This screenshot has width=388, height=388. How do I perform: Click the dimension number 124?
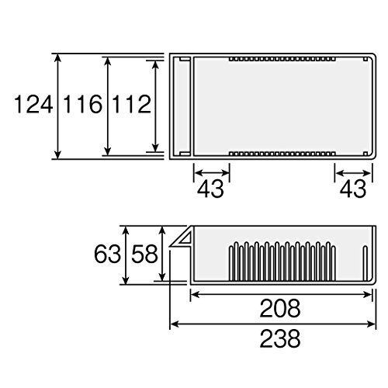[33, 104]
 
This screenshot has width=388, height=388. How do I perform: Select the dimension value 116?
[83, 104]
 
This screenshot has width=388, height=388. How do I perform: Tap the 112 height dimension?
[132, 104]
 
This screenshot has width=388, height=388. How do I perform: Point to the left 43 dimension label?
[210, 189]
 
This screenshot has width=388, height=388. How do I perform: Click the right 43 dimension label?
[353, 189]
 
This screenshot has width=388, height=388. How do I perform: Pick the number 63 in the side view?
[107, 255]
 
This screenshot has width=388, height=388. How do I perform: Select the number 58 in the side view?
[144, 255]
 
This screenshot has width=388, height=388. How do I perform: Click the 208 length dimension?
[280, 308]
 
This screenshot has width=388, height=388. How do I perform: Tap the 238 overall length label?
[280, 338]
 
